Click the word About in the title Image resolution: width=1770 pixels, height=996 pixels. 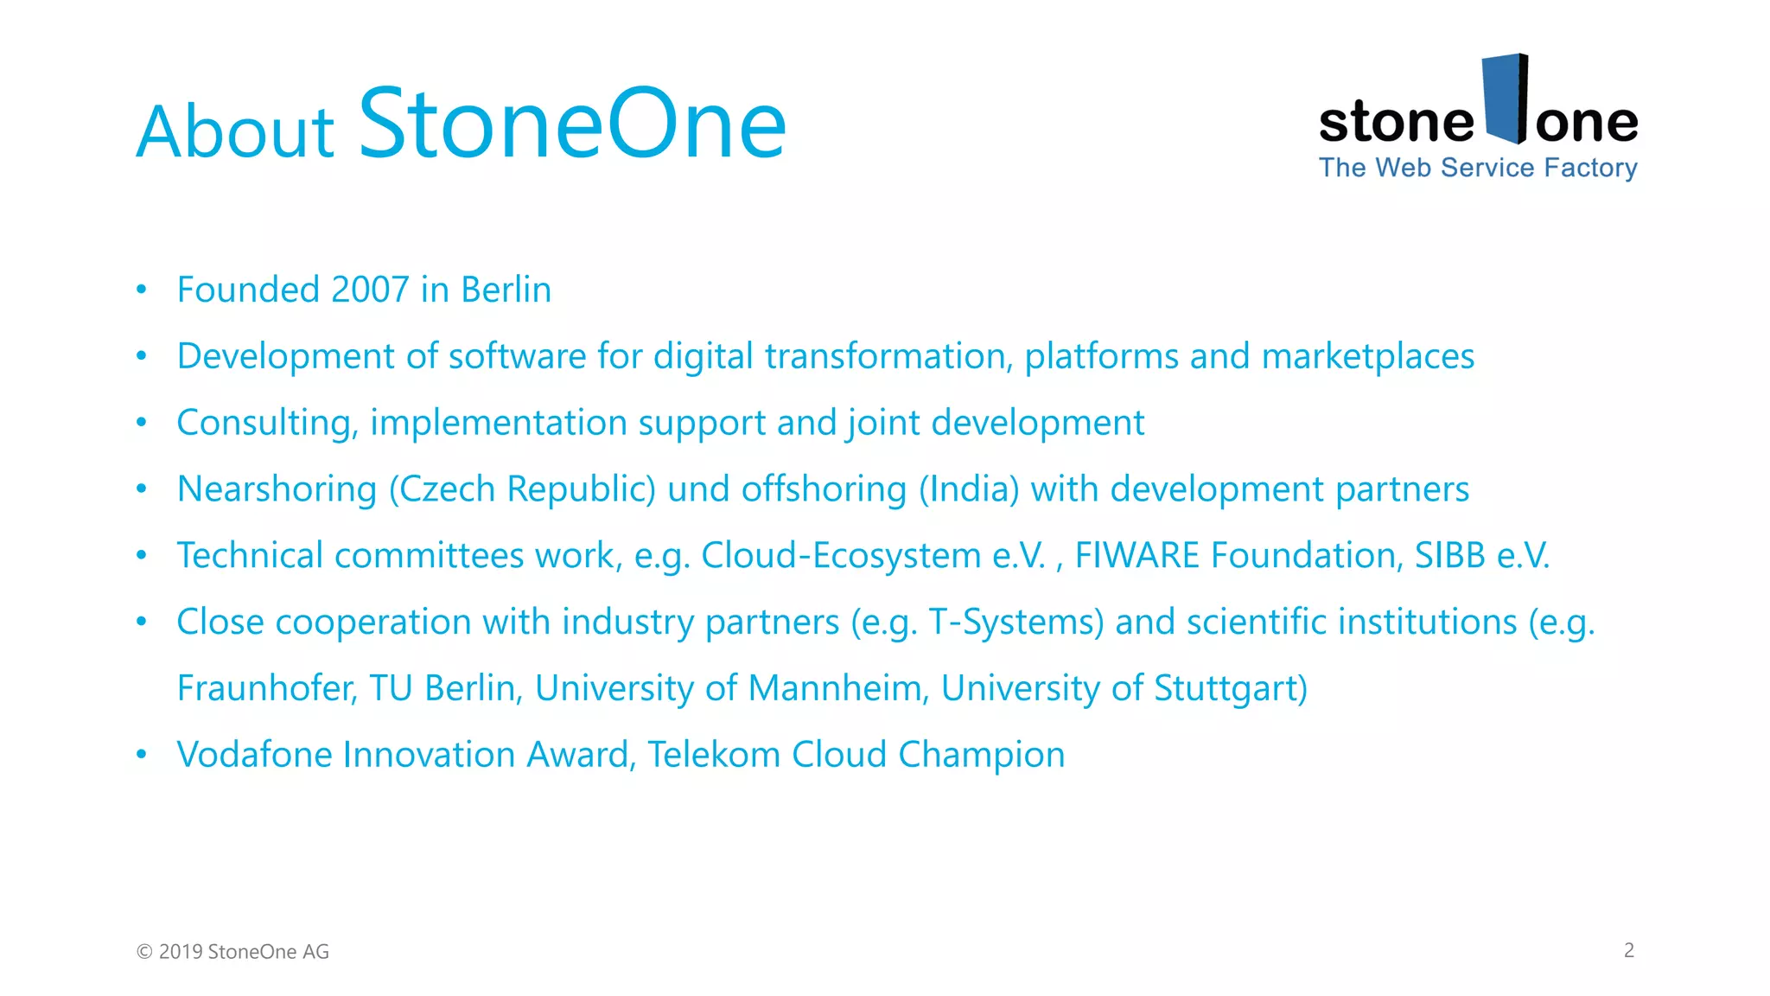[x=235, y=131]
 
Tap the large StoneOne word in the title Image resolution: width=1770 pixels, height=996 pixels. [x=572, y=124]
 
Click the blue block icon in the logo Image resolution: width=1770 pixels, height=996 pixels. [x=1505, y=99]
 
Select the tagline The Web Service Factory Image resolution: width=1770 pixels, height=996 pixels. [x=1478, y=168]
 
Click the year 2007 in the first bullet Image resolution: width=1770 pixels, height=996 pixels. [x=370, y=290]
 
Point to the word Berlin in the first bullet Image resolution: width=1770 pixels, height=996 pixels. [x=506, y=290]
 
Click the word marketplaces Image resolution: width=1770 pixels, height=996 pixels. [x=1367, y=356]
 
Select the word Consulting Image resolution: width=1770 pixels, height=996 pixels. [x=267, y=423]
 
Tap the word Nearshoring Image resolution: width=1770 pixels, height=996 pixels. [x=277, y=489]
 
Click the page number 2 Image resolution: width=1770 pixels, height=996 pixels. [x=1628, y=950]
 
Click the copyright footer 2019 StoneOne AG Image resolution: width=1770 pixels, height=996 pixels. [x=233, y=952]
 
